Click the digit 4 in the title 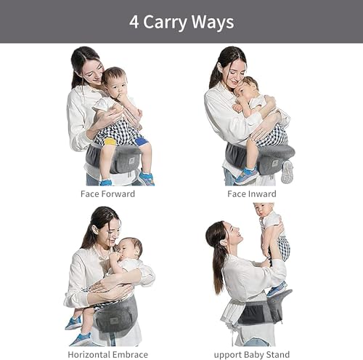(x=134, y=22)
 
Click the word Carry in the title (x=166, y=23)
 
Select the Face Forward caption (x=107, y=194)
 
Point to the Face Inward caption (x=252, y=194)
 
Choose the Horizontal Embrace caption (x=108, y=355)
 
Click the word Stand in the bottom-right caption (x=278, y=355)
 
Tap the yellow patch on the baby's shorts (x=110, y=141)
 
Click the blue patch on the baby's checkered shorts (x=141, y=141)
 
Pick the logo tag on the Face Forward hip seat (x=131, y=160)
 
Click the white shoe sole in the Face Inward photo (x=287, y=172)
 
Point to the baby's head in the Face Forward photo (x=115, y=81)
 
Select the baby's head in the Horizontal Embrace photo (x=129, y=249)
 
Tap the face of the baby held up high (x=262, y=212)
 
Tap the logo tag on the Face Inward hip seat (x=274, y=163)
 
